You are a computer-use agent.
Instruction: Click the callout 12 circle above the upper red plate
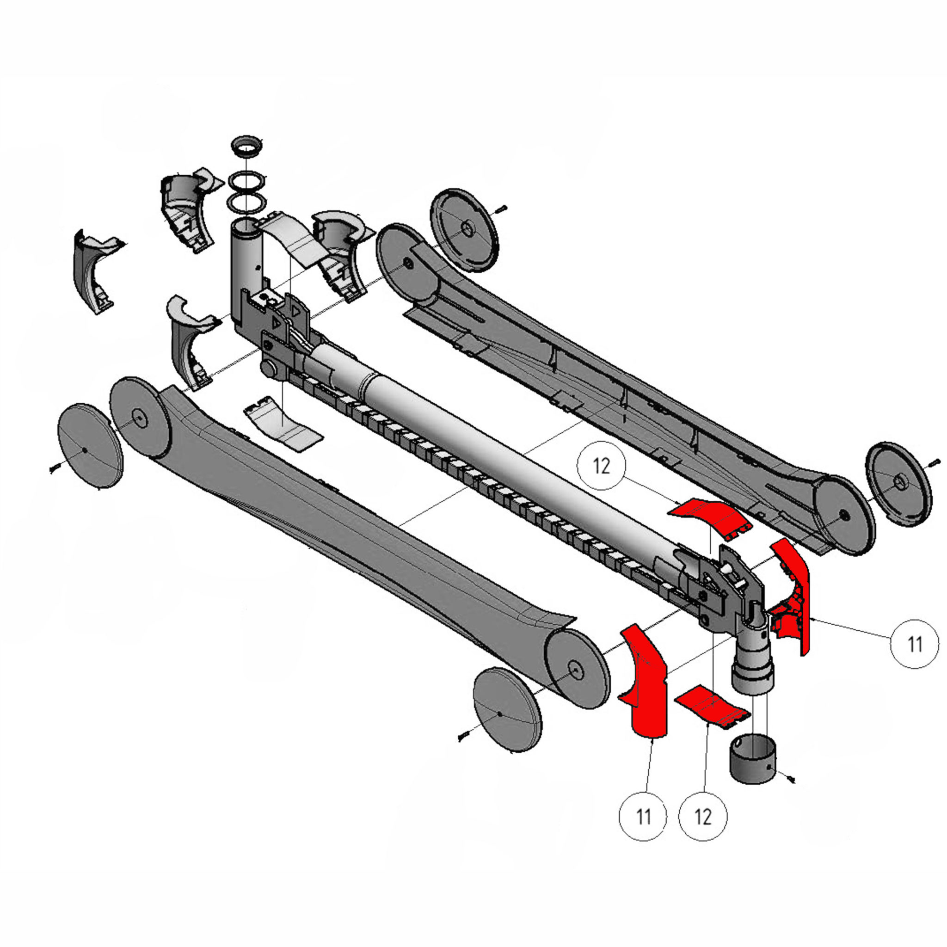(x=602, y=466)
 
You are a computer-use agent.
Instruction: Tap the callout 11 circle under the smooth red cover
(x=644, y=817)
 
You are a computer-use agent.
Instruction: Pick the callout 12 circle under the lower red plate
(x=703, y=817)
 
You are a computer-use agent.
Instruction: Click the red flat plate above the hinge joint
(x=707, y=519)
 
